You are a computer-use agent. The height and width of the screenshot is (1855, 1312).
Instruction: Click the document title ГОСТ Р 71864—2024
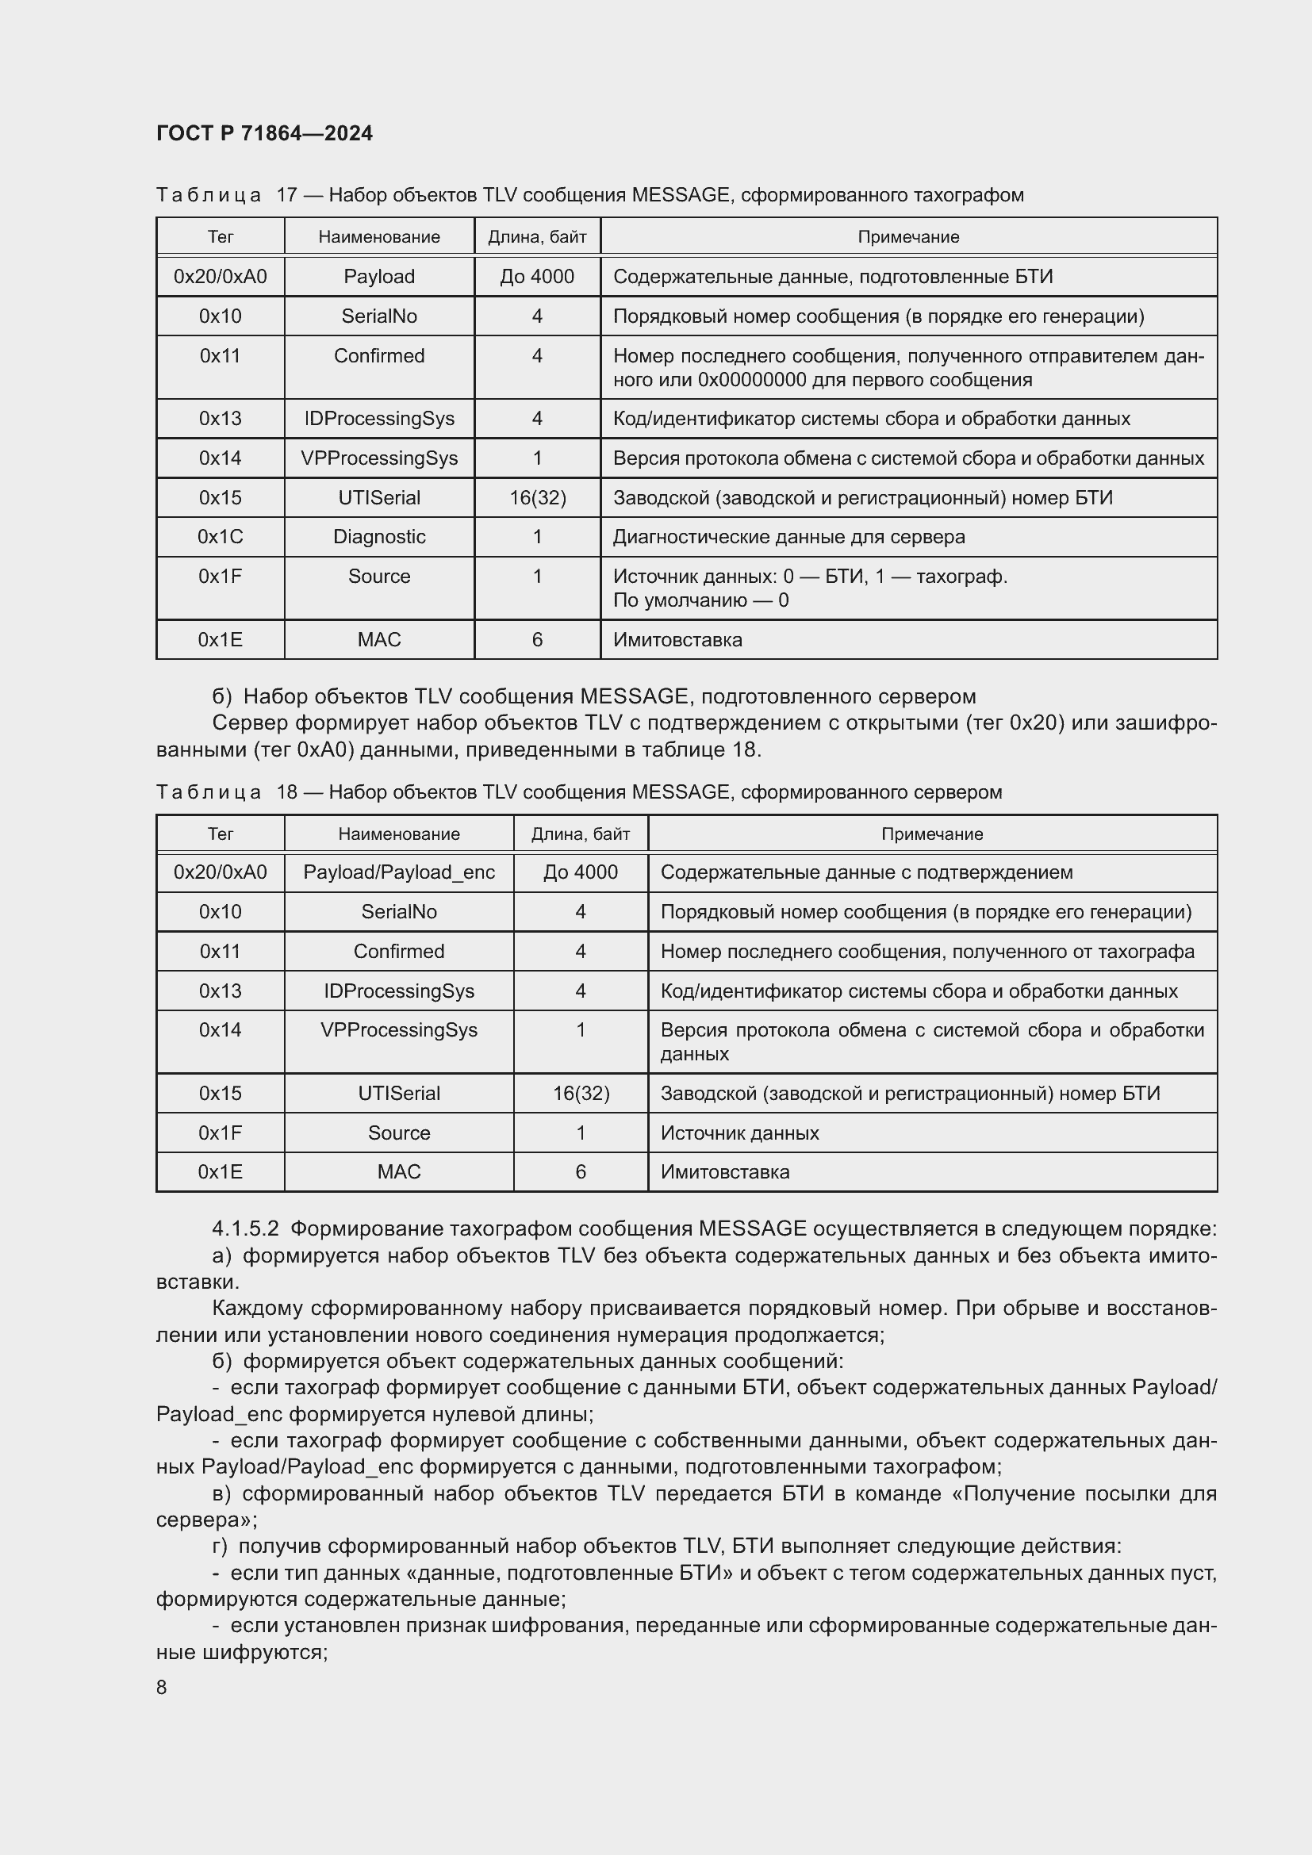[x=264, y=133]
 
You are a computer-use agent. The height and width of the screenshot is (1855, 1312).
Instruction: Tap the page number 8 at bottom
[x=162, y=1687]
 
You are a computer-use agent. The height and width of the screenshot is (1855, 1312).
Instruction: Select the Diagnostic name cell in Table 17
[x=379, y=537]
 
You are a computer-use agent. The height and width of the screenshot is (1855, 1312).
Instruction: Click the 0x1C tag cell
[x=220, y=537]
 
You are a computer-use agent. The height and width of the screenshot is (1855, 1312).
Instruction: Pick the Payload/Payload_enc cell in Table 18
[x=398, y=872]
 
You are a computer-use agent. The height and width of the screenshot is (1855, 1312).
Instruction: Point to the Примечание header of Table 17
[x=908, y=236]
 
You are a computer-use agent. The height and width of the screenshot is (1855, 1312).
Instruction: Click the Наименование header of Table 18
[x=398, y=834]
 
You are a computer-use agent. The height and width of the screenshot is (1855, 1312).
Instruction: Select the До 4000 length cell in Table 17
[x=536, y=276]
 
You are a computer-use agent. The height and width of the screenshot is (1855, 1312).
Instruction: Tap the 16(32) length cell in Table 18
[x=580, y=1093]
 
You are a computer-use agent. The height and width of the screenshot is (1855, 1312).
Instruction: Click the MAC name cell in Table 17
[x=379, y=640]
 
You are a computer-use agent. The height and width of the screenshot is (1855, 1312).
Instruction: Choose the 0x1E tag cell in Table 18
[x=220, y=1171]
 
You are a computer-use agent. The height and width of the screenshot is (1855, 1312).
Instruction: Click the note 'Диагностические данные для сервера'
[x=788, y=537]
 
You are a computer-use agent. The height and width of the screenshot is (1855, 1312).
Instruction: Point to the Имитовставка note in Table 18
[x=725, y=1171]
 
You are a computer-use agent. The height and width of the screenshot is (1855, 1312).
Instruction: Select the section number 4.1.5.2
[x=245, y=1228]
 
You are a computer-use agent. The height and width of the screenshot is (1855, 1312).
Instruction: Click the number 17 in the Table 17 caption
[x=287, y=195]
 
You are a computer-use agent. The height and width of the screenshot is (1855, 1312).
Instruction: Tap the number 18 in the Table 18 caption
[x=287, y=791]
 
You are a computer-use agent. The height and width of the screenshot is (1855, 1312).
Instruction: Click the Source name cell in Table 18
[x=398, y=1133]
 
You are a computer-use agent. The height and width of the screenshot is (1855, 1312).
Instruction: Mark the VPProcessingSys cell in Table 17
[x=379, y=458]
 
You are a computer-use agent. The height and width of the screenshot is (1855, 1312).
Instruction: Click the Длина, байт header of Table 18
[x=580, y=834]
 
